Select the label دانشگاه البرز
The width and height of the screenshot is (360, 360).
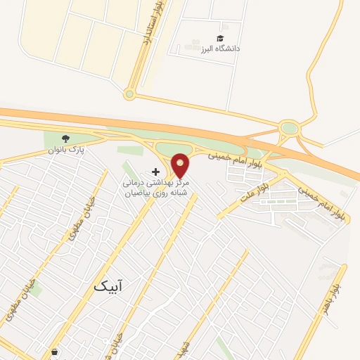[220, 49]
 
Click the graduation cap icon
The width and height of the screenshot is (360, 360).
[220, 38]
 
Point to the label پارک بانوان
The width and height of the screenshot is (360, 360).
[65, 150]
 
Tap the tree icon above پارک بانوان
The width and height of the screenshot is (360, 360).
[66, 139]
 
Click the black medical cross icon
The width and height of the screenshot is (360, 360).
[155, 172]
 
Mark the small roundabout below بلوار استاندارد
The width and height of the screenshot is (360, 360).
[129, 94]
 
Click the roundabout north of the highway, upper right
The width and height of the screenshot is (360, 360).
[288, 128]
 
